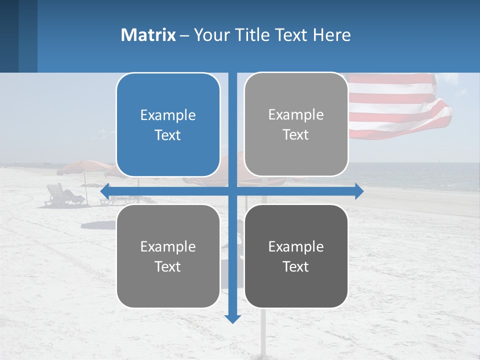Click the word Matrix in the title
[x=148, y=35]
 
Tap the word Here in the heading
[x=331, y=35]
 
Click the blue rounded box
[x=168, y=125]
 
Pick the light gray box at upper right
[x=296, y=124]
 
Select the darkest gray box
[x=296, y=256]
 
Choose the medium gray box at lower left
[x=168, y=256]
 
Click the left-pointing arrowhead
[x=104, y=191]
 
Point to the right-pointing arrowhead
[x=359, y=191]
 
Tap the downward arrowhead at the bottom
[x=232, y=318]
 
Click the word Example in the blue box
[x=168, y=115]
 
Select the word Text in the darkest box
[x=296, y=266]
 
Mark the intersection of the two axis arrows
[x=232, y=191]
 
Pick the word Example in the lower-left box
[x=168, y=246]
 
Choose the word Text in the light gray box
[x=296, y=134]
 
